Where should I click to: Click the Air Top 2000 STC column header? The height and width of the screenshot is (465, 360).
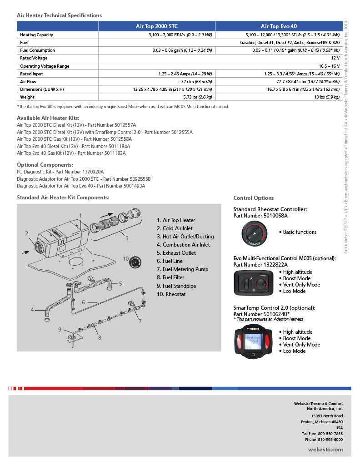point(157,26)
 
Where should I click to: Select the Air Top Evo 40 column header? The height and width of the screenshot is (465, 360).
point(279,26)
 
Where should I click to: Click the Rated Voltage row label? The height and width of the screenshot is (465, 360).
point(34,58)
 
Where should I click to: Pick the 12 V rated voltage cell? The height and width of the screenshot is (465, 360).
point(335,58)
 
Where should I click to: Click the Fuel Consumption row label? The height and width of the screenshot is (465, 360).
point(37,50)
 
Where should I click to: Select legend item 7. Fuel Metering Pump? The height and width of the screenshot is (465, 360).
point(182,269)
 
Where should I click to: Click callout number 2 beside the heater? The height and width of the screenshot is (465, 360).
point(27,233)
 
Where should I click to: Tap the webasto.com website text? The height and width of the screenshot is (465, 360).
point(325,449)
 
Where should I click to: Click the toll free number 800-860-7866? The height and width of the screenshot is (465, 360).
point(331,434)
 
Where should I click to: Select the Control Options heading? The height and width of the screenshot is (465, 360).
point(253,198)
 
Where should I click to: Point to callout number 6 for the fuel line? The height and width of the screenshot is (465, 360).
point(84,302)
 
